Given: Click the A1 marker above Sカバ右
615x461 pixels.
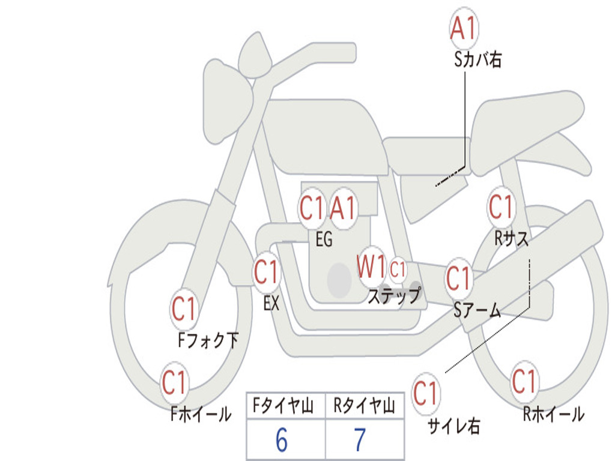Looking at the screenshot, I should (463, 28).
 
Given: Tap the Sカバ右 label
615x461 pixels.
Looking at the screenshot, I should (477, 59).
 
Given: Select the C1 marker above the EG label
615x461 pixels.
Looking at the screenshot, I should (312, 209).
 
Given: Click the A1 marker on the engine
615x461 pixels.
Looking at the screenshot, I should (344, 209).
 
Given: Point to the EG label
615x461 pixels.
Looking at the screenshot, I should (324, 240).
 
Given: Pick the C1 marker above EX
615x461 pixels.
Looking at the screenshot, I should (267, 273).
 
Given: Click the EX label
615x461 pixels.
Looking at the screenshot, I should (271, 304).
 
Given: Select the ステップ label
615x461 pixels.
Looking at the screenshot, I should (394, 296).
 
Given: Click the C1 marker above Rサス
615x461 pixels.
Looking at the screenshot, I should (501, 207).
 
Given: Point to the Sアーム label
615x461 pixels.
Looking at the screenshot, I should (477, 310).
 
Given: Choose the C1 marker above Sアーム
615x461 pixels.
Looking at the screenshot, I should (459, 279).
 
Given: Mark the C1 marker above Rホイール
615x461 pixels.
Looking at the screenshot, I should (524, 381).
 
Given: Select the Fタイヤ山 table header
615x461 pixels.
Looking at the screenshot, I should (285, 406).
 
